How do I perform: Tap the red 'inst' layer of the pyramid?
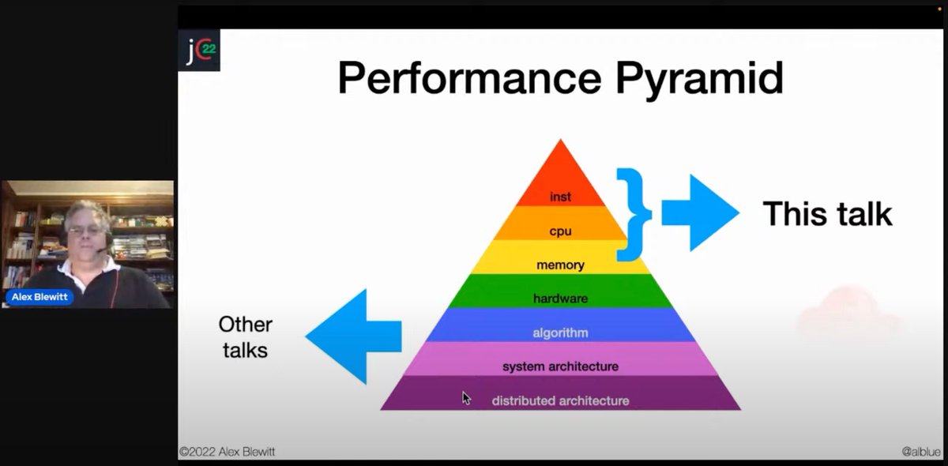click(x=560, y=197)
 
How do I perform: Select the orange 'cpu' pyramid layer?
click(x=560, y=231)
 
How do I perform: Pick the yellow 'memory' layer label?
click(x=560, y=265)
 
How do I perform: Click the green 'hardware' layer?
click(x=560, y=299)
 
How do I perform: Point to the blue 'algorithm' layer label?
click(x=560, y=333)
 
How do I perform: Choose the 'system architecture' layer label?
click(x=560, y=366)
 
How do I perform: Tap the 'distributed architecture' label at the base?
click(x=560, y=400)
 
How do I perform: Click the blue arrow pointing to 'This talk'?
click(x=700, y=213)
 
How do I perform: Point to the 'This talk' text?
click(x=826, y=214)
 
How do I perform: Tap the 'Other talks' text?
click(x=245, y=336)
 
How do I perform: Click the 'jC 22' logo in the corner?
click(x=198, y=50)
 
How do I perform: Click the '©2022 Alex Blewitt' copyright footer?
click(x=228, y=452)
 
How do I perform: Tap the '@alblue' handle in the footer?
click(x=920, y=452)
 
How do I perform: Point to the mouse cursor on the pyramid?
click(x=466, y=398)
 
